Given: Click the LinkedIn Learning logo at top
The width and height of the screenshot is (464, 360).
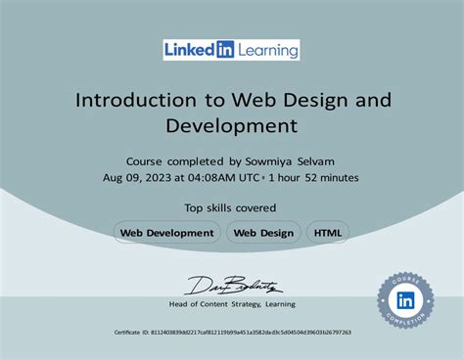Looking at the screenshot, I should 231,50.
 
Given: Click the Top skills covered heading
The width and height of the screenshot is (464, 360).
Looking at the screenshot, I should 231,207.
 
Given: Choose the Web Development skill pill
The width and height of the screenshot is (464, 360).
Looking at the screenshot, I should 166,233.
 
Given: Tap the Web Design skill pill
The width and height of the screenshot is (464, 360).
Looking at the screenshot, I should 263,233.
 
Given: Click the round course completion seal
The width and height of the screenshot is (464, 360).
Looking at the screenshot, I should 405,300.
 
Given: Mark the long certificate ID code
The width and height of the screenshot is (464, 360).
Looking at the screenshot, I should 251,333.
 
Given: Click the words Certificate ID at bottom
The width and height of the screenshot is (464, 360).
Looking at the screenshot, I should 132,333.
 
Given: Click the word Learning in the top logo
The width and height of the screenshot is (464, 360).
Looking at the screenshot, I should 267,50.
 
